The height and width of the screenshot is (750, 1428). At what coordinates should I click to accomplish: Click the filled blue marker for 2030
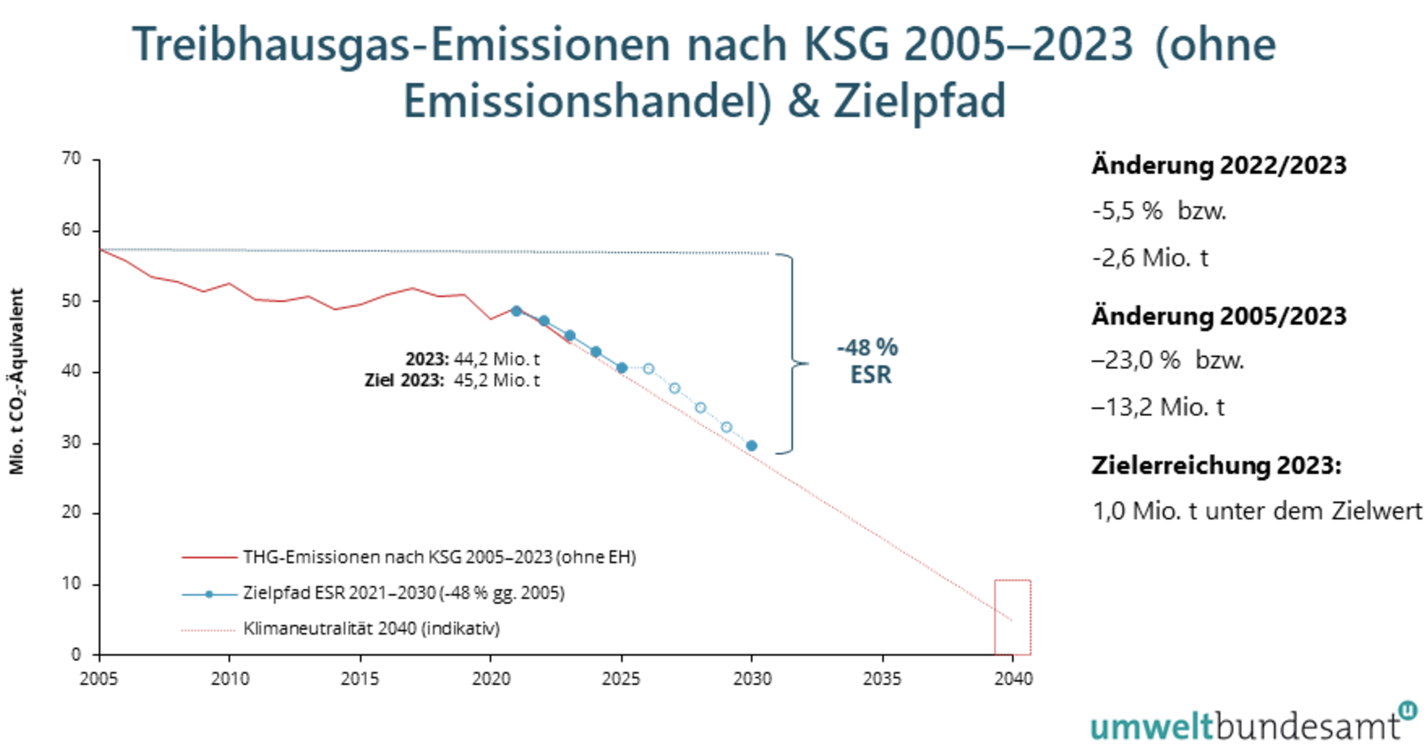point(751,445)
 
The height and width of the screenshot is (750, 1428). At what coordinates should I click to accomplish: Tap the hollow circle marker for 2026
point(648,369)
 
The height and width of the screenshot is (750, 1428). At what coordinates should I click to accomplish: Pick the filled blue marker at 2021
point(516,311)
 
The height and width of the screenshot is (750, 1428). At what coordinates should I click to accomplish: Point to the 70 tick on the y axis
point(72,159)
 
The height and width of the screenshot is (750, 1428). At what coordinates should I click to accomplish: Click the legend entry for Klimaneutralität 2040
point(371,629)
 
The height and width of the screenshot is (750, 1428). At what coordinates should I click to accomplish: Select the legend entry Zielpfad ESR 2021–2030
point(403,593)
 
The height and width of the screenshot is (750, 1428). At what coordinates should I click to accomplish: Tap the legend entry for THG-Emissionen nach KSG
point(439,557)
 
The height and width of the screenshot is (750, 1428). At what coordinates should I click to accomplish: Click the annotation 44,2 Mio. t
point(496,359)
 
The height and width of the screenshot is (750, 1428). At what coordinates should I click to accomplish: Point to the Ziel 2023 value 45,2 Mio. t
point(496,380)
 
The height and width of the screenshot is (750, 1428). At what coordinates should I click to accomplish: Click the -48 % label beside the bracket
point(867,348)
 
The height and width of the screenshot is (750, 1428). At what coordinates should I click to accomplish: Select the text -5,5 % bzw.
point(1159,211)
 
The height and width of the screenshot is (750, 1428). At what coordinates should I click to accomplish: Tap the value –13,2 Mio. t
point(1157,407)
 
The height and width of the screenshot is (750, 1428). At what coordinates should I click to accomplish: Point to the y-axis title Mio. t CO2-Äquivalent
point(17,381)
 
